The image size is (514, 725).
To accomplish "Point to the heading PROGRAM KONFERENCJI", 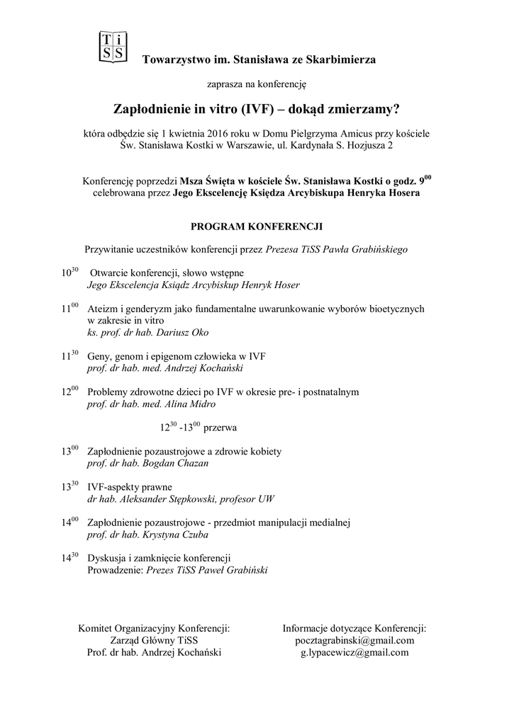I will [x=257, y=227].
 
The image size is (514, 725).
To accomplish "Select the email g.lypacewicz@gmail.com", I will [x=354, y=652].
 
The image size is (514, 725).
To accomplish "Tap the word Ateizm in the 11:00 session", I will [x=104, y=309].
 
